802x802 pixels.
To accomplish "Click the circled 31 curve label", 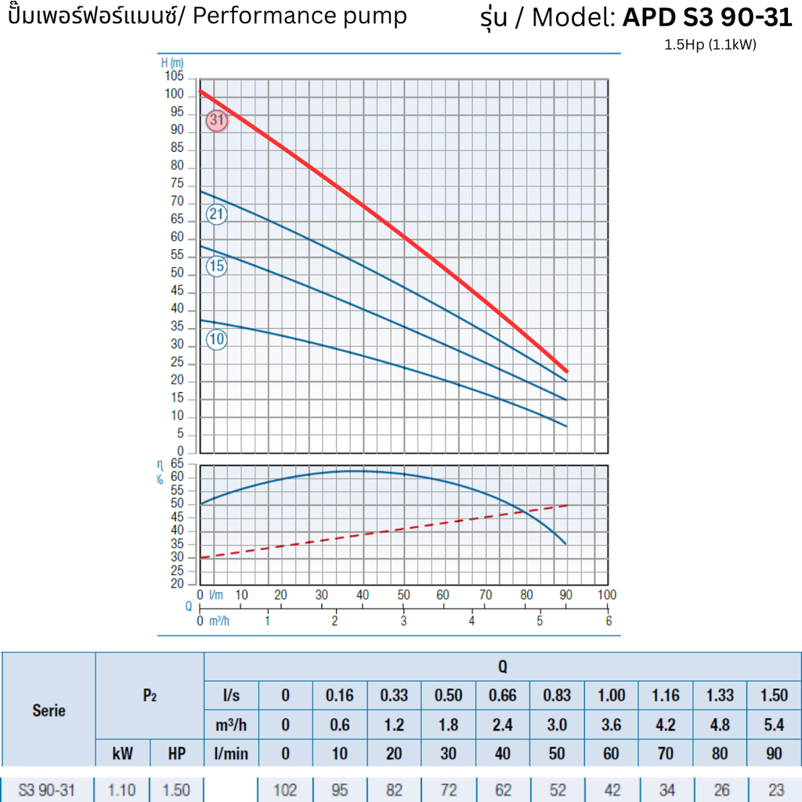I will tap(217, 121).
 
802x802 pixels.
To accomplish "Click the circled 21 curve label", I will tap(217, 215).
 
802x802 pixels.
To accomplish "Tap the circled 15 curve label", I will tap(217, 266).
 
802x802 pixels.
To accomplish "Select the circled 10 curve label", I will tap(217, 339).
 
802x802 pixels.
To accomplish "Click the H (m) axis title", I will tap(172, 63).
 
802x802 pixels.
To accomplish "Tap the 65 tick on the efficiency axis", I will tap(177, 464).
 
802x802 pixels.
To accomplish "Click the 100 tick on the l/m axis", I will tap(606, 595).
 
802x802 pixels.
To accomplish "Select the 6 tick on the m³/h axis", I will tap(609, 620).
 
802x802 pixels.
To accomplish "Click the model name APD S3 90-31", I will tap(707, 18).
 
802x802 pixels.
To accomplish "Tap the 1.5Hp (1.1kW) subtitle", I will tap(710, 45).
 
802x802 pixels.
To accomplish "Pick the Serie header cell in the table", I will tap(49, 710).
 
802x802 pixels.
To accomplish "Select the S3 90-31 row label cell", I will tap(47, 789).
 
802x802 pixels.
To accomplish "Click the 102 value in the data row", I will tap(285, 789).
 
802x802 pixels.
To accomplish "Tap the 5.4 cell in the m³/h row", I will tap(774, 724).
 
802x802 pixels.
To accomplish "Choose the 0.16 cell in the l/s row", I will tap(339, 695).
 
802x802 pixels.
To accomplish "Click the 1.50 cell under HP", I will tap(176, 789).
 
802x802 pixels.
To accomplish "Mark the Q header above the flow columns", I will tap(502, 667).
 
